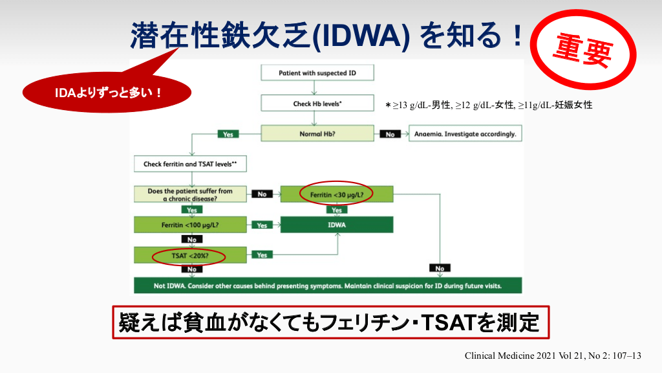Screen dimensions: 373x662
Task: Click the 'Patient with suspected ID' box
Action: coord(317,73)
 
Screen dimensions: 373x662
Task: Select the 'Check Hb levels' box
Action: coord(317,104)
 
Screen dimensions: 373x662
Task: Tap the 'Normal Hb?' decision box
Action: coord(317,134)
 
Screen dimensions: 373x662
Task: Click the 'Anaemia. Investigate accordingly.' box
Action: coord(465,134)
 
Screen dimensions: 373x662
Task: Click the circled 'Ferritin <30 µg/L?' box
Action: coord(337,194)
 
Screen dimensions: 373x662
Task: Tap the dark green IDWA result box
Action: coord(337,225)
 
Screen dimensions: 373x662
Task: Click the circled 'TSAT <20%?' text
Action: coord(189,256)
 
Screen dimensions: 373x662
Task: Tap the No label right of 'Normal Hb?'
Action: coord(390,135)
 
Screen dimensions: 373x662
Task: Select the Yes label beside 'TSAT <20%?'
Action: coord(262,255)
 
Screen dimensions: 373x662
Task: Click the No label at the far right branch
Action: coord(440,268)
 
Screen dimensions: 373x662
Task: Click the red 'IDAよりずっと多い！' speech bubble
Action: coord(107,93)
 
